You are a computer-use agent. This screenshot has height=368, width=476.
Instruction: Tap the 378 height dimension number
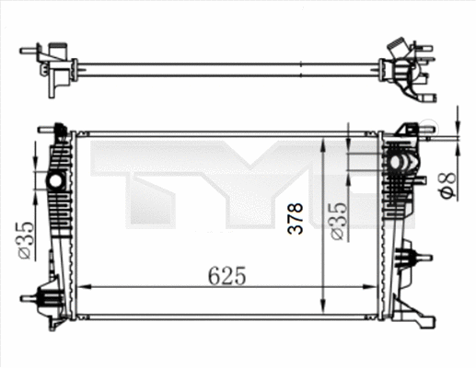pyautogui.click(x=295, y=221)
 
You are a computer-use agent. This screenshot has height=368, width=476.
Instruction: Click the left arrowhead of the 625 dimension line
pyautogui.click(x=75, y=288)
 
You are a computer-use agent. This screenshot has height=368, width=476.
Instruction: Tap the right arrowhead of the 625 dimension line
pyautogui.click(x=377, y=288)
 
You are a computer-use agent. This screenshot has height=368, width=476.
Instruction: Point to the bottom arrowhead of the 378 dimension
pyautogui.click(x=322, y=312)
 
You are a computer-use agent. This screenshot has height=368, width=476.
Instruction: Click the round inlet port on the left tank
pyautogui.click(x=55, y=179)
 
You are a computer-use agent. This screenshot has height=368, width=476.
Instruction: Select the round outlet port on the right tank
pyautogui.click(x=402, y=164)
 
